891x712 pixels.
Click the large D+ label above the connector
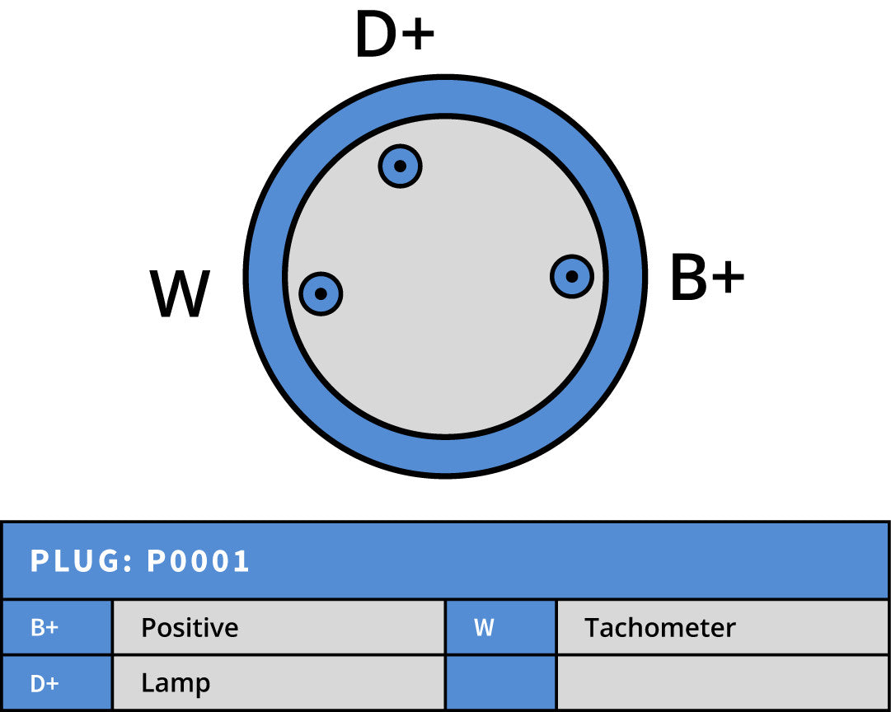395,34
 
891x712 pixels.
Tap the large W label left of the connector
181,293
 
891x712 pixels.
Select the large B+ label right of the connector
707,278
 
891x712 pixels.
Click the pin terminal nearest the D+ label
400,166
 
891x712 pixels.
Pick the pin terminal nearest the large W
321,293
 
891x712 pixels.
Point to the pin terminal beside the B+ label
572,276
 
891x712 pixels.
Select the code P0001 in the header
199,561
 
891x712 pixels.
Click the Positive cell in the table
279,627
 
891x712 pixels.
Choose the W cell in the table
500,627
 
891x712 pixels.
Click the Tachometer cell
723,627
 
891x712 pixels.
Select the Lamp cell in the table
279,682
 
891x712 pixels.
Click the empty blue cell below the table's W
500,682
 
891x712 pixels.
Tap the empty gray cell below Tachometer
723,682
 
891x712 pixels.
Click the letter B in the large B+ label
687,278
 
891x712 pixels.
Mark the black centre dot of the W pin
321,293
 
